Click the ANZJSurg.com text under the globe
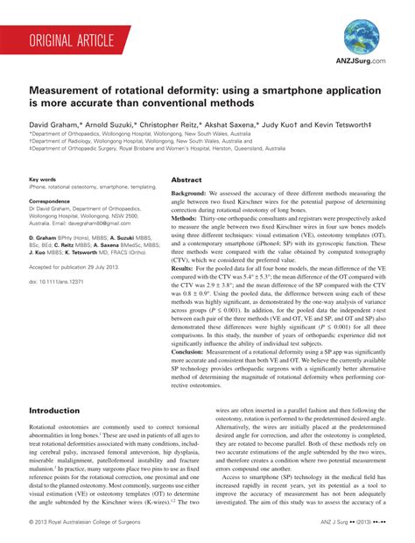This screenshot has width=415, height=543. coord(360,62)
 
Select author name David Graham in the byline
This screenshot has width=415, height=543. coord(55,125)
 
